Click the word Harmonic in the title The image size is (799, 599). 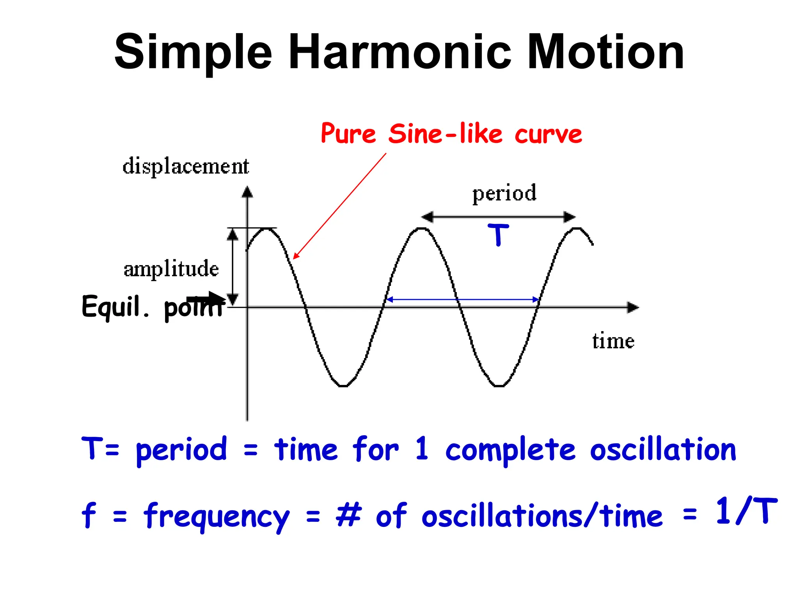click(x=399, y=53)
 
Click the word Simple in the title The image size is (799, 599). click(x=193, y=53)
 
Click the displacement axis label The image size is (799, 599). click(x=186, y=167)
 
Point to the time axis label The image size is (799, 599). click(x=613, y=341)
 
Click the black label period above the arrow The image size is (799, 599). click(x=504, y=193)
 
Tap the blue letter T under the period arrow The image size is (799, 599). click(x=498, y=235)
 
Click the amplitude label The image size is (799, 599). click(x=171, y=269)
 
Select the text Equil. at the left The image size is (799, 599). click(x=115, y=307)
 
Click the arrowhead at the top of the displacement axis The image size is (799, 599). click(x=247, y=192)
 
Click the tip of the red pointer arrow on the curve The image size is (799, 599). click(x=294, y=258)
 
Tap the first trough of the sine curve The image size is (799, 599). click(x=343, y=386)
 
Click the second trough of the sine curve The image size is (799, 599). click(x=499, y=386)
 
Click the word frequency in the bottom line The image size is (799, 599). click(x=217, y=517)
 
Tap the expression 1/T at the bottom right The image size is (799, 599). click(x=746, y=511)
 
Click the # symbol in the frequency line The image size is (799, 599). click(x=348, y=515)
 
